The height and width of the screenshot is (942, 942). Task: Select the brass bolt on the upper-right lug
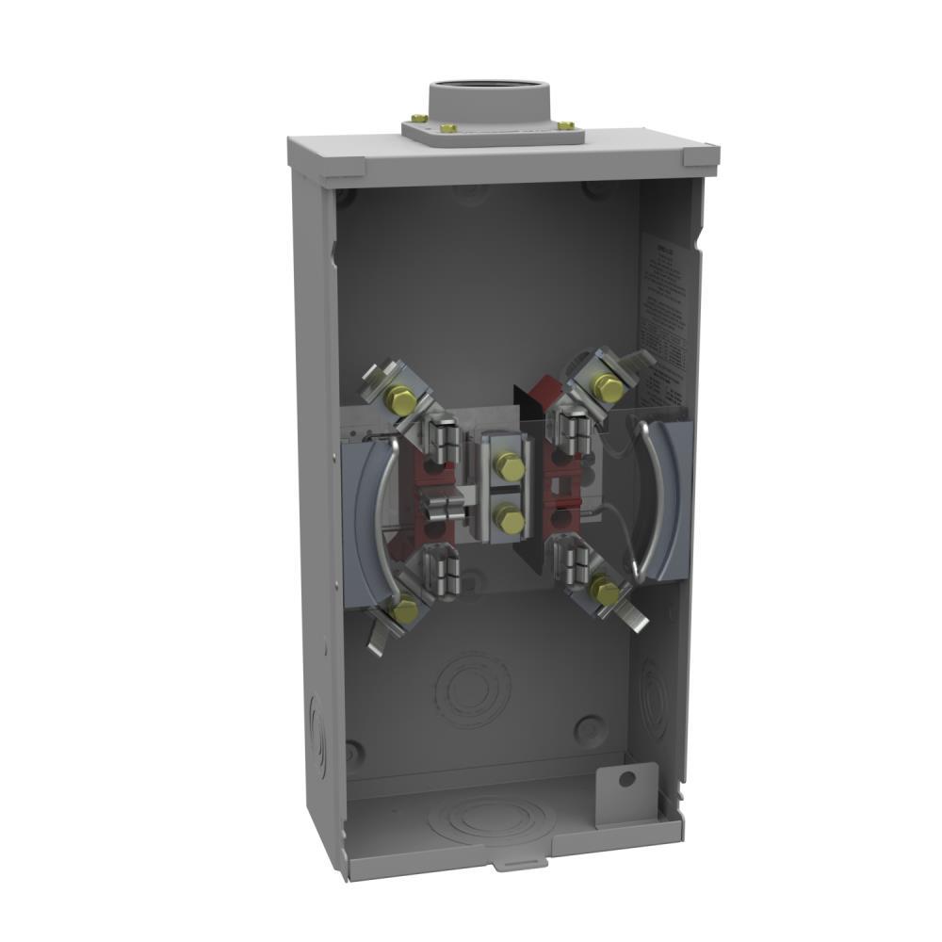coord(609,387)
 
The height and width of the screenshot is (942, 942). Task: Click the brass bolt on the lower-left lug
coord(405,611)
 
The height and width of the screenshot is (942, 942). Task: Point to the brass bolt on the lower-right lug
coord(605,593)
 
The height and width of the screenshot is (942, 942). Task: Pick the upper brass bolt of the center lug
coord(509,465)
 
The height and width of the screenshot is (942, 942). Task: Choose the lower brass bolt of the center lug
coord(509,518)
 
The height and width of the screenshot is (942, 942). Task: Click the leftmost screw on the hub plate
coord(418,119)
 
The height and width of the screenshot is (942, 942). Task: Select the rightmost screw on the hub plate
coord(565,125)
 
